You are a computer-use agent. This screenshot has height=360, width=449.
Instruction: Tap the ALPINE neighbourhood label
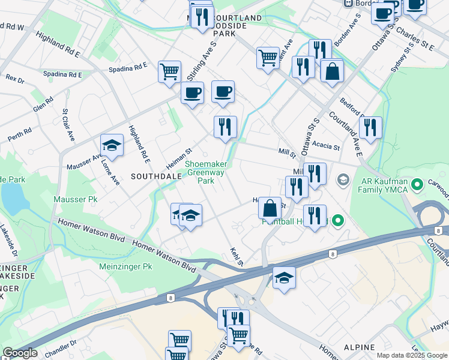(359, 347)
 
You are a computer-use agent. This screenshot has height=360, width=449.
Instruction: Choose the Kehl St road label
(235, 256)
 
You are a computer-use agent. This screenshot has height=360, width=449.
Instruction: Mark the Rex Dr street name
(14, 79)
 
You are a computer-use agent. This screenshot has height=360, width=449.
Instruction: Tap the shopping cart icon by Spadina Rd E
(170, 71)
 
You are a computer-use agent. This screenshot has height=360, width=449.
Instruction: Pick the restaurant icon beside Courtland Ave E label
(370, 127)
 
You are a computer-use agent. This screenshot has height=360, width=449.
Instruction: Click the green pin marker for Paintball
(337, 221)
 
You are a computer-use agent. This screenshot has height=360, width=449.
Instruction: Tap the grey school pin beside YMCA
(343, 179)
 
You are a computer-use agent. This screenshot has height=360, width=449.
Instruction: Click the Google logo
(20, 353)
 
